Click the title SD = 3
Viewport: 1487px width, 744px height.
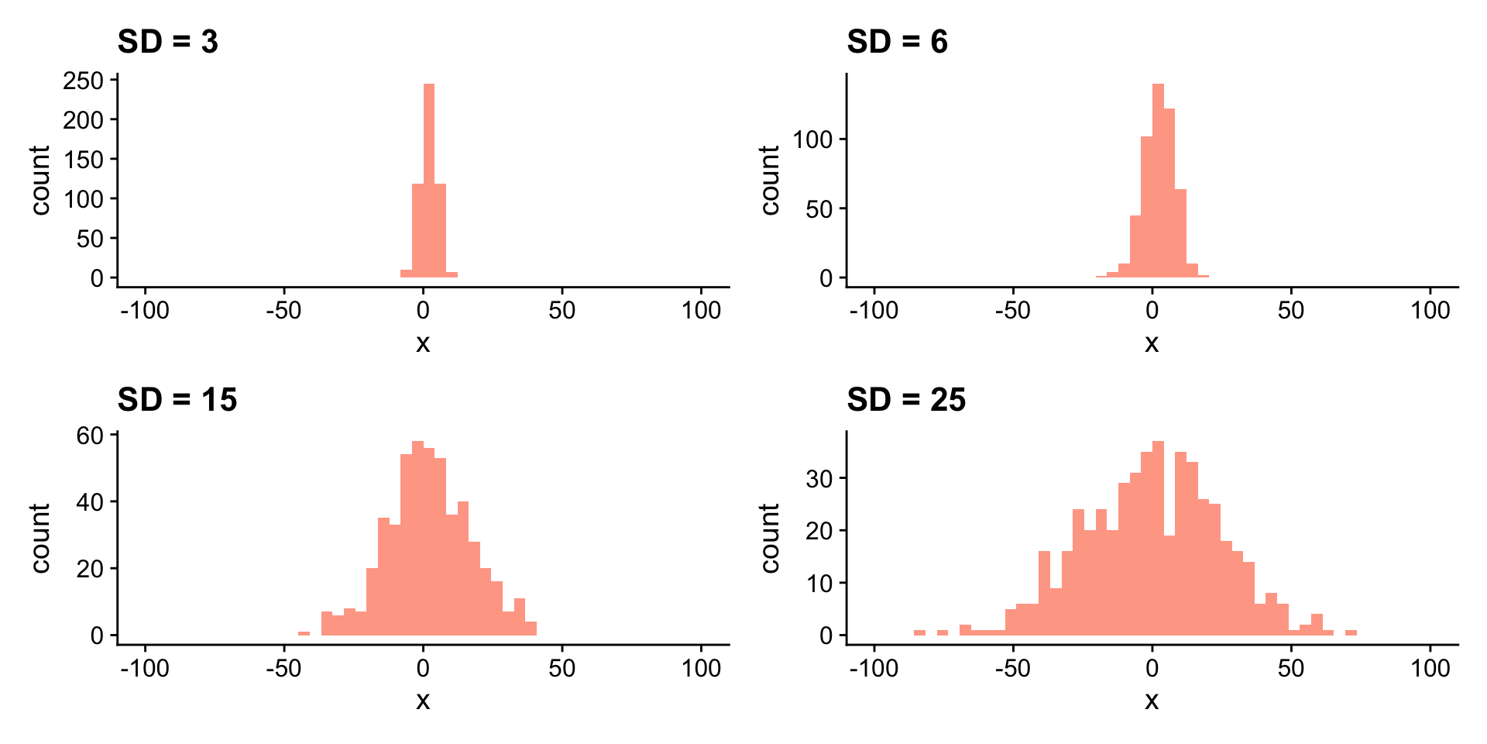pyautogui.click(x=167, y=42)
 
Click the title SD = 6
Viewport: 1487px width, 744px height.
pyautogui.click(x=897, y=42)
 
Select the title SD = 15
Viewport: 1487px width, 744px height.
pyautogui.click(x=177, y=400)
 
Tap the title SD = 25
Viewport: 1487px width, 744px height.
pyautogui.click(x=906, y=400)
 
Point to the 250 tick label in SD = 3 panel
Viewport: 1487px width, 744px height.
pyautogui.click(x=84, y=81)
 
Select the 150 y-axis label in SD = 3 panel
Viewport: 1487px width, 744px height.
pyautogui.click(x=84, y=160)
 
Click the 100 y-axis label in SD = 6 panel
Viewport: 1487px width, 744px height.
pyautogui.click(x=812, y=140)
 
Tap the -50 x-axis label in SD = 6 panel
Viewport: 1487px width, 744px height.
pyautogui.click(x=1012, y=311)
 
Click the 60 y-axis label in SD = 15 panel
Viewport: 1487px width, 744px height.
pyautogui.click(x=90, y=436)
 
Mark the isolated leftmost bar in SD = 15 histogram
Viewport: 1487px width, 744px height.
pyautogui.click(x=304, y=633)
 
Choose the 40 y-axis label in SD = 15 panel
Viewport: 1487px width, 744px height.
pyautogui.click(x=90, y=502)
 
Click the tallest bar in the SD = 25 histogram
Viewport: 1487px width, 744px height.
pyautogui.click(x=1159, y=538)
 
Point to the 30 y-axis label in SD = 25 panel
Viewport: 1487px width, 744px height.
pyautogui.click(x=819, y=479)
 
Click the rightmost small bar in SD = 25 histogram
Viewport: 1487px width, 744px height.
pyautogui.click(x=1351, y=632)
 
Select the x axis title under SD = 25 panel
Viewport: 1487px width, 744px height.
pyautogui.click(x=1152, y=701)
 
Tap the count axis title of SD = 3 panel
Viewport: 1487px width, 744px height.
pyautogui.click(x=40, y=180)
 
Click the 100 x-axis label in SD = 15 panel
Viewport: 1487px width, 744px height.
pyautogui.click(x=701, y=668)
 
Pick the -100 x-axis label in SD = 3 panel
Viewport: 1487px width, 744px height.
pyautogui.click(x=145, y=311)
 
